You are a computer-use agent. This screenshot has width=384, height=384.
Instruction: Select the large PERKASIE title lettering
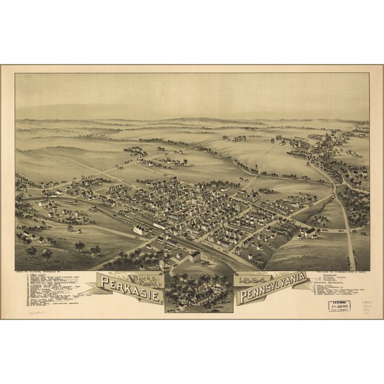pos(128,294)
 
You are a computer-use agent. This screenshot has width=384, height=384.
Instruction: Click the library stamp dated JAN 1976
pos(339,306)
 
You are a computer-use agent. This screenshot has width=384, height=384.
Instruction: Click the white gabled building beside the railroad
pos(138,230)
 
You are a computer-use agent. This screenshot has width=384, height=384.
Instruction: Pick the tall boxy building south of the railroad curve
pos(195,256)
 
